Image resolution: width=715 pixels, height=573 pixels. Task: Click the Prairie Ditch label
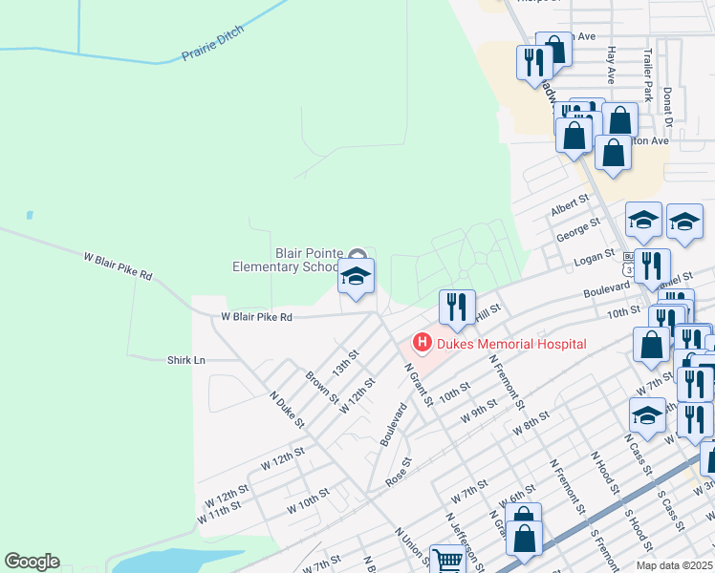[213, 45]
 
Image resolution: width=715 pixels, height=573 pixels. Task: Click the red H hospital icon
[422, 342]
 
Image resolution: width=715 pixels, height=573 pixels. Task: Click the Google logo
[32, 562]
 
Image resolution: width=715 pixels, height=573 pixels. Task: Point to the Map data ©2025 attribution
[673, 565]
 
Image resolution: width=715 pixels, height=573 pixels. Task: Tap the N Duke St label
[286, 409]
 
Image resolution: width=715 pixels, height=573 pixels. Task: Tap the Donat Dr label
[668, 106]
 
